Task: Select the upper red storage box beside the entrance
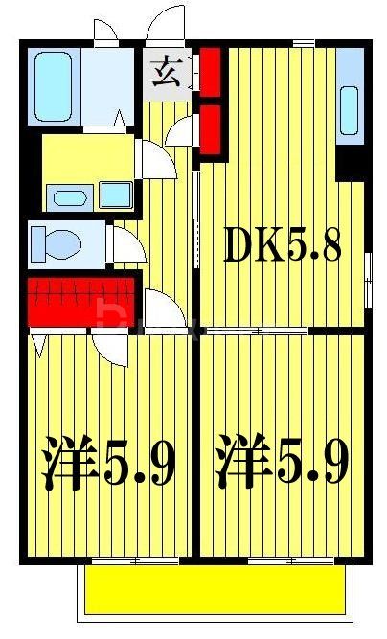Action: click(x=211, y=69)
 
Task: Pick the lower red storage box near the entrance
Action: click(x=211, y=128)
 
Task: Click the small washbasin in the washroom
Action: click(x=68, y=198)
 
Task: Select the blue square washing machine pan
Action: click(x=116, y=195)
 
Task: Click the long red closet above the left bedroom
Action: click(x=81, y=300)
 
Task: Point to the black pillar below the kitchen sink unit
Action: click(x=353, y=163)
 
